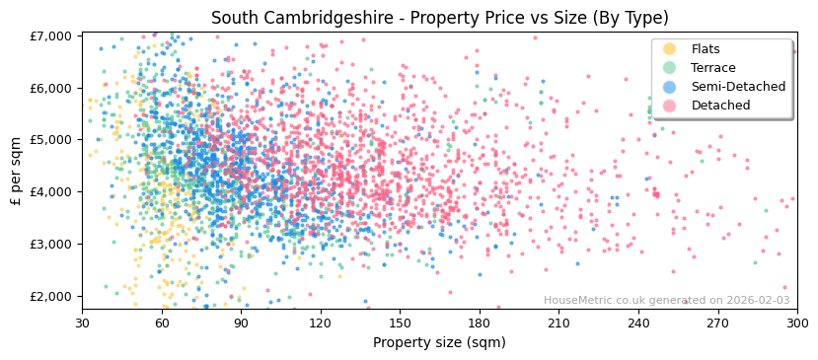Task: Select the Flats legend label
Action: click(x=706, y=49)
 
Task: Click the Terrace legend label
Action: click(x=711, y=68)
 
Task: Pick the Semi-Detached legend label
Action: click(x=738, y=87)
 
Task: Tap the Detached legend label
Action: click(x=719, y=106)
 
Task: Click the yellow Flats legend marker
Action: click(x=670, y=49)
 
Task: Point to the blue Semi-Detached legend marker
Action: click(x=670, y=87)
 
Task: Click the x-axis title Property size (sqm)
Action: click(x=438, y=343)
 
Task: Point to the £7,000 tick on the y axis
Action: click(x=49, y=36)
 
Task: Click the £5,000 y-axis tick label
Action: click(x=49, y=140)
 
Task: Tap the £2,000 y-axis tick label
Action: click(x=49, y=296)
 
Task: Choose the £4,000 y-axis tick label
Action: click(x=49, y=191)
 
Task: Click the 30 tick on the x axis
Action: click(x=82, y=322)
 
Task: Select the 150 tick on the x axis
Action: click(x=400, y=322)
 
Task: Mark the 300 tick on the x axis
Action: click(x=796, y=322)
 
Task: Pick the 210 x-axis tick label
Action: click(x=558, y=322)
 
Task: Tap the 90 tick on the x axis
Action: click(x=241, y=322)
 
